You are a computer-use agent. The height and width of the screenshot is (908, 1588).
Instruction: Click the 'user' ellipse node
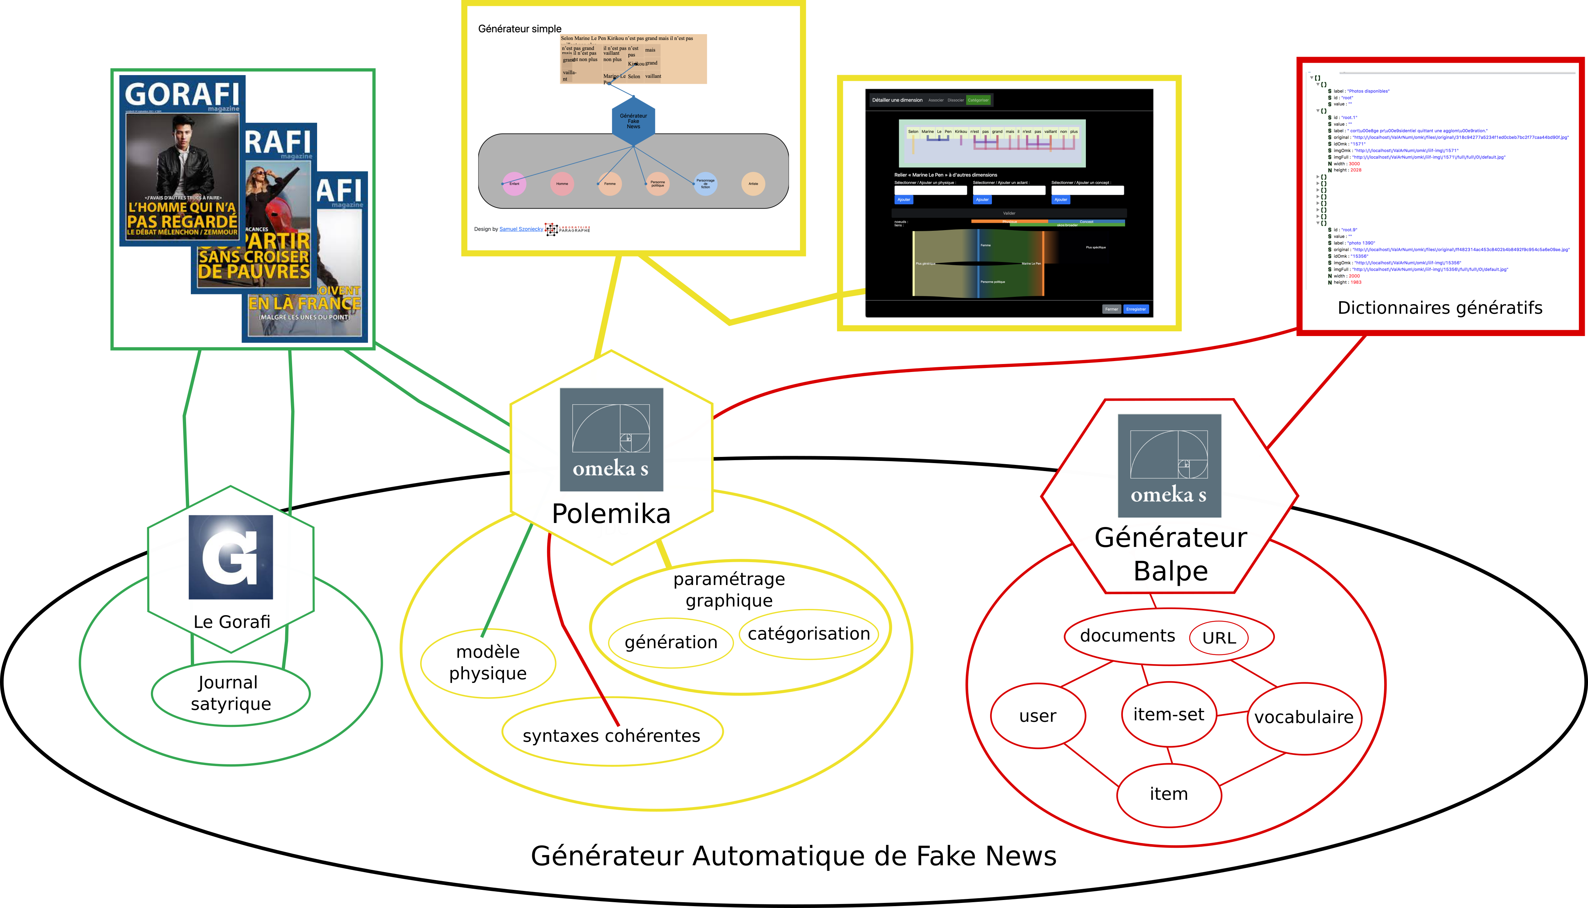1038,715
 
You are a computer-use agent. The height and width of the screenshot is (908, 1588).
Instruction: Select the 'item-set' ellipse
1169,714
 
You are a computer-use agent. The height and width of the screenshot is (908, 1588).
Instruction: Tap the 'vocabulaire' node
1304,717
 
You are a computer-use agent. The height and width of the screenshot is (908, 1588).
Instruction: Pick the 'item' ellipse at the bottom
1169,794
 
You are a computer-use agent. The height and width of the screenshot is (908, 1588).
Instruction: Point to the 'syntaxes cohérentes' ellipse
611,735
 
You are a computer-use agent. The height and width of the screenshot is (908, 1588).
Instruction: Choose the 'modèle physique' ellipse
488,662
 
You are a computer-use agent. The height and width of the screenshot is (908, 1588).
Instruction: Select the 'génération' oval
670,642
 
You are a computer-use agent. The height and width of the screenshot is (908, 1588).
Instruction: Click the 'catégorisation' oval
808,634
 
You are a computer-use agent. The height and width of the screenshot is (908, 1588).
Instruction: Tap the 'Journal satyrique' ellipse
231,693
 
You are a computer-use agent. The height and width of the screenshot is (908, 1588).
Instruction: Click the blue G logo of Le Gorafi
231,557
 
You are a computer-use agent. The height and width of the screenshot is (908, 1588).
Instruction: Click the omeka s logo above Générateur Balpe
1169,465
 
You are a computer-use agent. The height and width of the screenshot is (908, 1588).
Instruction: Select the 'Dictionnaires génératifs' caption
1440,307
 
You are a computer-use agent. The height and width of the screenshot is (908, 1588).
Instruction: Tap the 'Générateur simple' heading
520,29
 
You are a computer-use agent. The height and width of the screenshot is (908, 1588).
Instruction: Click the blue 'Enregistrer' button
1136,309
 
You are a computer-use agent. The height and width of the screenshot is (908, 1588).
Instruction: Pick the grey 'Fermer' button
1111,309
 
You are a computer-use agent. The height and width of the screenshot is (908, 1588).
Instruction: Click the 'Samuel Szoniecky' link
521,229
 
